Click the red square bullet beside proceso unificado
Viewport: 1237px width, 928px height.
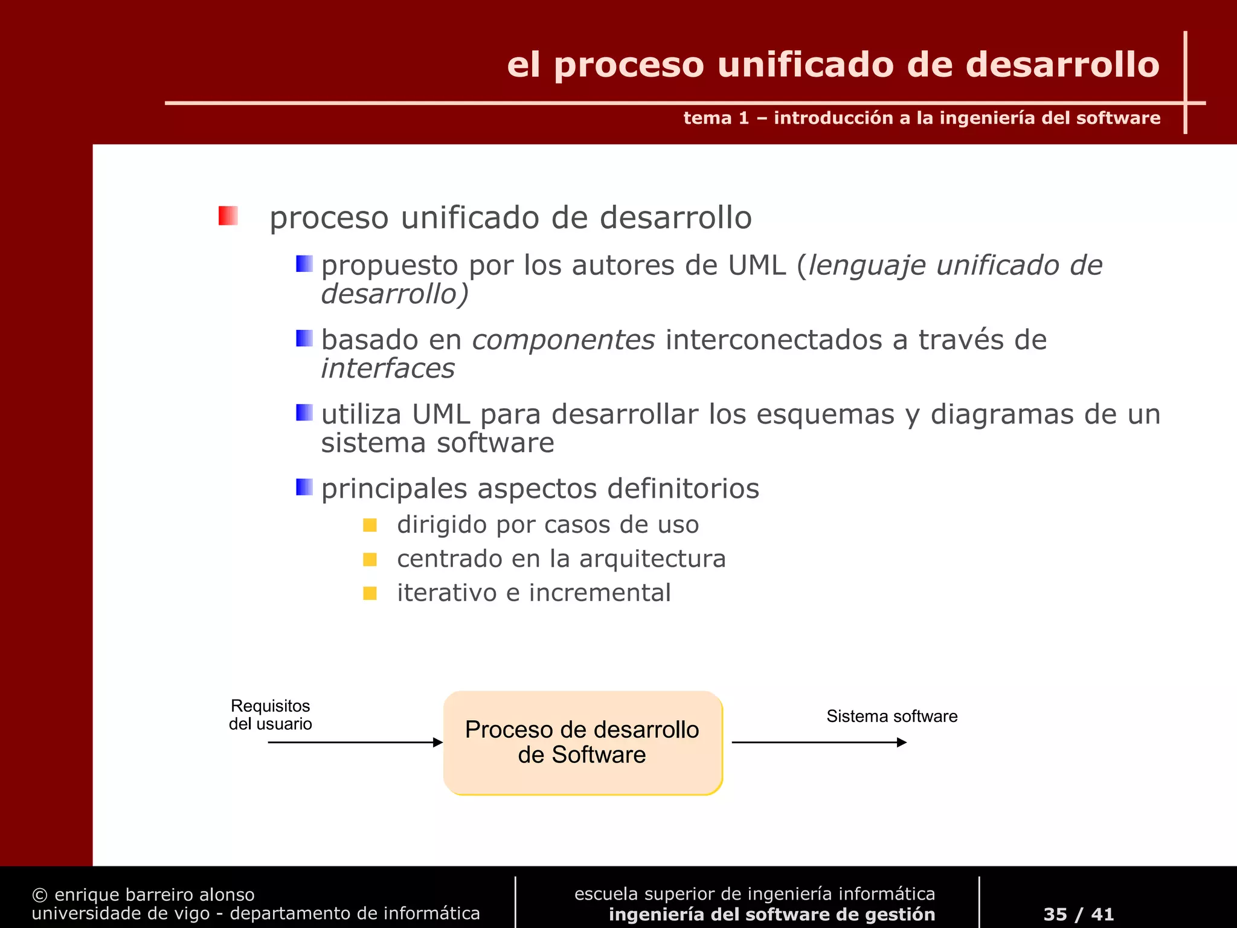pyautogui.click(x=228, y=216)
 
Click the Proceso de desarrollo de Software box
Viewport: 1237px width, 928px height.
pyautogui.click(x=582, y=743)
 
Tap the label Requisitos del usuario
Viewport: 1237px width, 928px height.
pyautogui.click(x=270, y=715)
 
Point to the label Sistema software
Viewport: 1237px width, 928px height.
pyautogui.click(x=892, y=717)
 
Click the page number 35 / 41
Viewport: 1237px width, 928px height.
pyautogui.click(x=1078, y=914)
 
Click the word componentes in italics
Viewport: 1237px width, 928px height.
pyautogui.click(x=563, y=340)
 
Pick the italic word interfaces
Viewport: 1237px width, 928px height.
pyautogui.click(x=388, y=369)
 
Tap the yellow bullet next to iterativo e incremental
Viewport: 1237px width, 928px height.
pyautogui.click(x=370, y=593)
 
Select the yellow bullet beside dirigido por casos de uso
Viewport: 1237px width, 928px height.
pyautogui.click(x=370, y=525)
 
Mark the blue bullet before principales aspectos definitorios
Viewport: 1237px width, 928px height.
pyautogui.click(x=304, y=487)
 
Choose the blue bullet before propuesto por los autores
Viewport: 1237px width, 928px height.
pyautogui.click(x=304, y=264)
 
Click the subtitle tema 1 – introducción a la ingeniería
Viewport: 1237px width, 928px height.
pyautogui.click(x=921, y=118)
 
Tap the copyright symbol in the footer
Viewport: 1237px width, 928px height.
pyautogui.click(x=40, y=895)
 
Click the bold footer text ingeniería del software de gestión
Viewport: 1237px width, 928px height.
pyautogui.click(x=771, y=915)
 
